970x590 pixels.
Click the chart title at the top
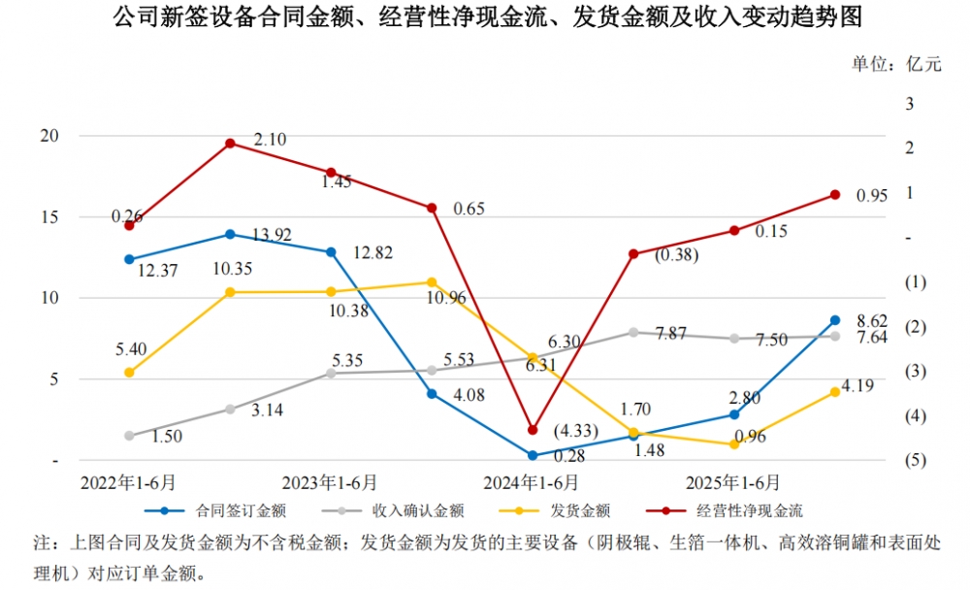tap(485, 17)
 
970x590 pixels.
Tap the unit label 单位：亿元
tap(896, 65)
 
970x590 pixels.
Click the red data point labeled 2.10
tap(230, 144)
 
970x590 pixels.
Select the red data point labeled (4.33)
tap(533, 429)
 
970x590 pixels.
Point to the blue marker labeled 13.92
tap(230, 234)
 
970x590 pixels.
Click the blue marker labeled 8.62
tap(835, 320)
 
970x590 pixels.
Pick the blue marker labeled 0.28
tap(533, 454)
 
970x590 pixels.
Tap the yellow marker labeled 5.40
tap(129, 372)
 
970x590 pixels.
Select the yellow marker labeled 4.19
tap(835, 392)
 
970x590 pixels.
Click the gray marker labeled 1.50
tap(129, 436)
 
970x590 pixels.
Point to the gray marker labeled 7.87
tap(633, 332)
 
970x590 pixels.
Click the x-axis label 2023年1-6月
tap(331, 482)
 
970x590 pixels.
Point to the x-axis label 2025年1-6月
tap(733, 482)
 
